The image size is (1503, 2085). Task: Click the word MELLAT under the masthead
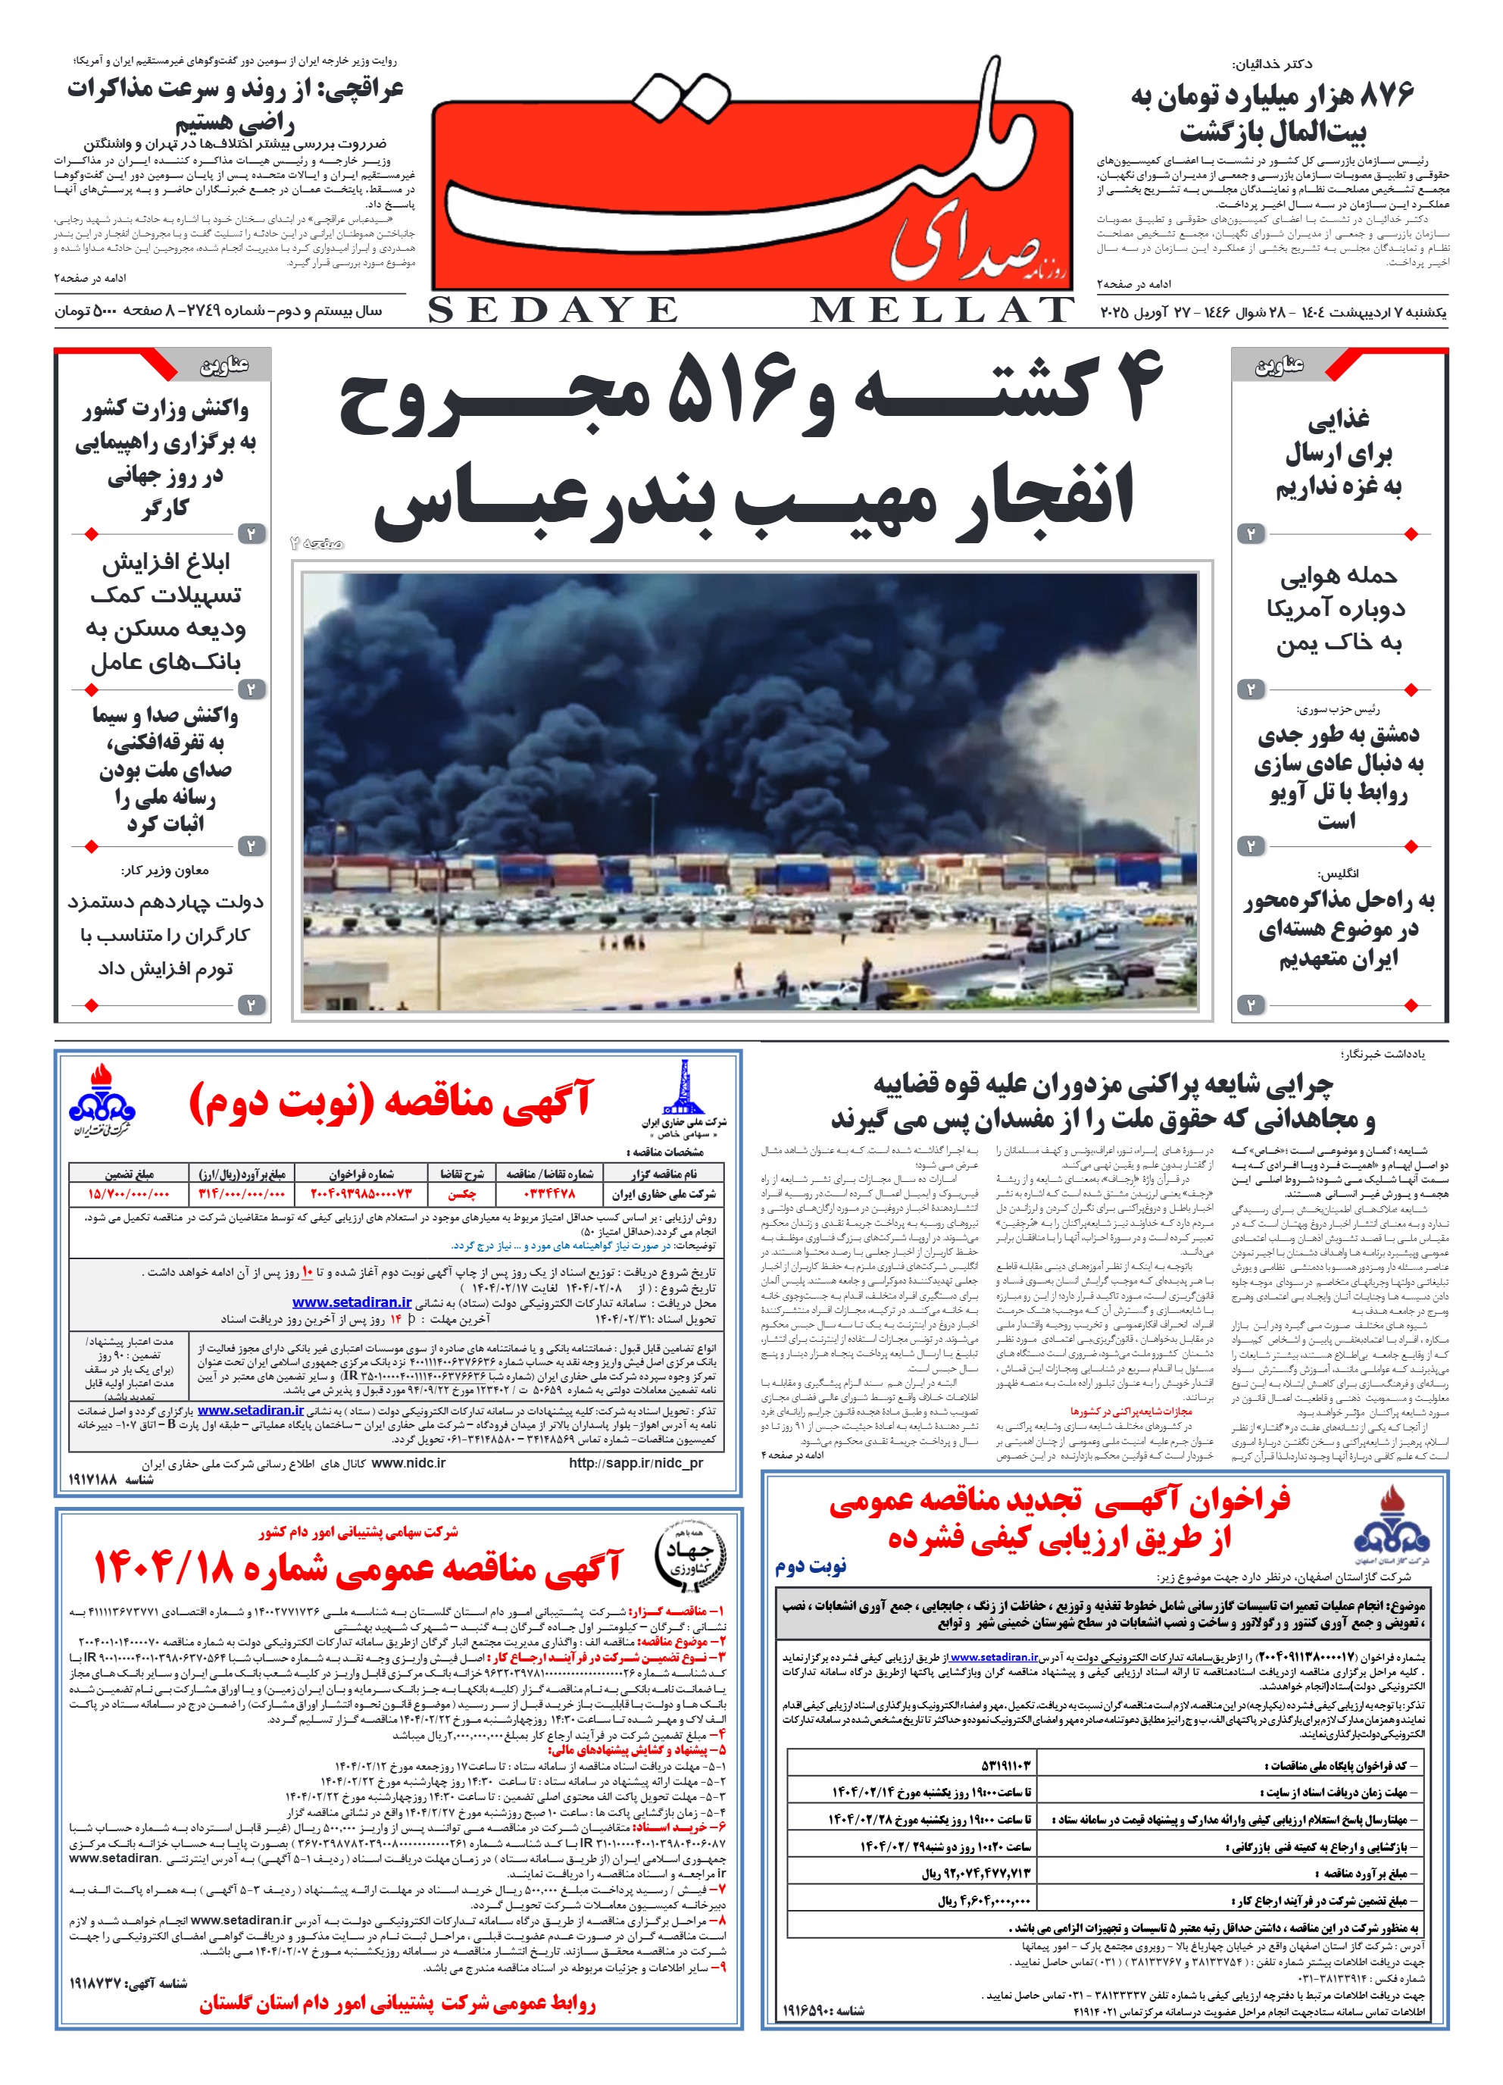(942, 311)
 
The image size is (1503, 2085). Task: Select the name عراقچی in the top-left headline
(366, 90)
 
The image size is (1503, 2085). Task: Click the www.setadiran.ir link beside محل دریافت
(352, 1302)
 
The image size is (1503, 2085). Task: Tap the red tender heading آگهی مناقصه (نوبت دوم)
(391, 1102)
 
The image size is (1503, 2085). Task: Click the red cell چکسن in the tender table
(461, 1194)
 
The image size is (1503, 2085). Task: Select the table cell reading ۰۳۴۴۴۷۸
(548, 1194)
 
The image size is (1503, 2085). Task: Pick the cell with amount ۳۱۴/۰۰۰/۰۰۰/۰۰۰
(242, 1194)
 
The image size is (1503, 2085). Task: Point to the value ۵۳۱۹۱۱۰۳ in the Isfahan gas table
(1007, 1766)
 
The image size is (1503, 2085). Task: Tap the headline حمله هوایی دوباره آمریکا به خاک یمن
(1339, 608)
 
